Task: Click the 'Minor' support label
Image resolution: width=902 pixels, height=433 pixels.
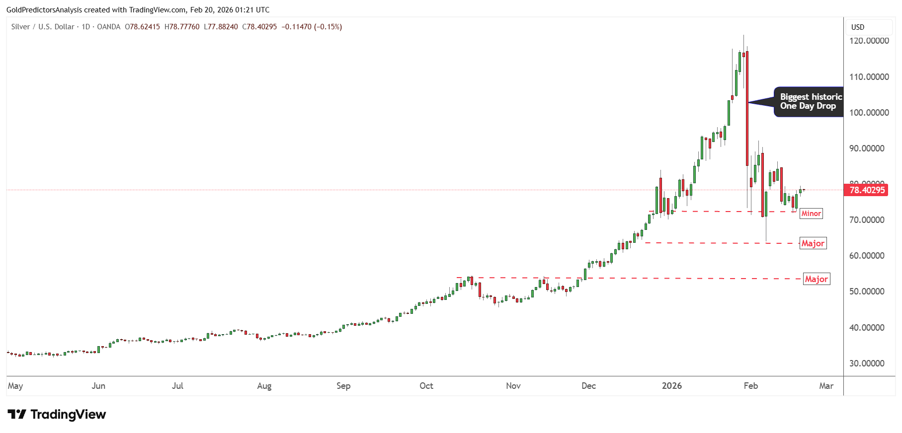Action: coord(811,214)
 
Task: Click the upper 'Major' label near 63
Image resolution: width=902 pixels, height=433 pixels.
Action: coord(813,243)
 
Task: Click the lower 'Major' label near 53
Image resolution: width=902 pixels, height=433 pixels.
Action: coord(817,279)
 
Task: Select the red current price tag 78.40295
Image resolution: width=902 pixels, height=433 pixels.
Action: coord(867,190)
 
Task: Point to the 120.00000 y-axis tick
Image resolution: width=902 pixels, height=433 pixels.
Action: coord(869,41)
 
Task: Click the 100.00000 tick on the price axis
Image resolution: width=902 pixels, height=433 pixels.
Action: coord(869,113)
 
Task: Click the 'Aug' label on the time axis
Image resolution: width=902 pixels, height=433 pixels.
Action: coord(264,386)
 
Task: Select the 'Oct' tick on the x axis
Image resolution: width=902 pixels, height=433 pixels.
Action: coord(426,386)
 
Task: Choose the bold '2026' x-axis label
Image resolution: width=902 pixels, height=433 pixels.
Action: coord(672,386)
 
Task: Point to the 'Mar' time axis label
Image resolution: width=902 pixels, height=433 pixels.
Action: coord(826,386)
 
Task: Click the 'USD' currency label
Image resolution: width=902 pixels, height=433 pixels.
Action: coord(858,27)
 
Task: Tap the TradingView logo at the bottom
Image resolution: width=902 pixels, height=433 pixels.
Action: coord(57,415)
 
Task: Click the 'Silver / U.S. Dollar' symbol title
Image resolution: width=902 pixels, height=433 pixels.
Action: coord(43,27)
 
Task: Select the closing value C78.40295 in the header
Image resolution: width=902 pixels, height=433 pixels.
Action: coord(259,27)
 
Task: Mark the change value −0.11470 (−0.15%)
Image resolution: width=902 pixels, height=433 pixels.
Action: coord(312,27)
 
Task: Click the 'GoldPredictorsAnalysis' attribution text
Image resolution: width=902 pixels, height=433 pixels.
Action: coord(44,10)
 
